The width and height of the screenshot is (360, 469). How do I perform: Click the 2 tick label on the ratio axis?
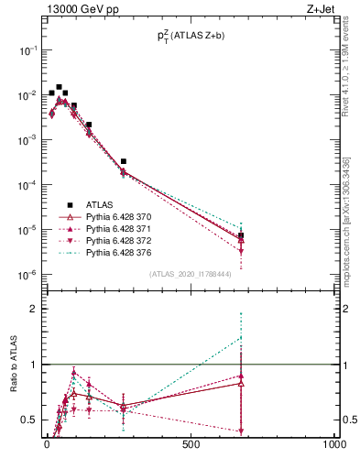click(31, 309)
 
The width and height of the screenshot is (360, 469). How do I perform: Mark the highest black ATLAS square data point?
click(59, 87)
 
